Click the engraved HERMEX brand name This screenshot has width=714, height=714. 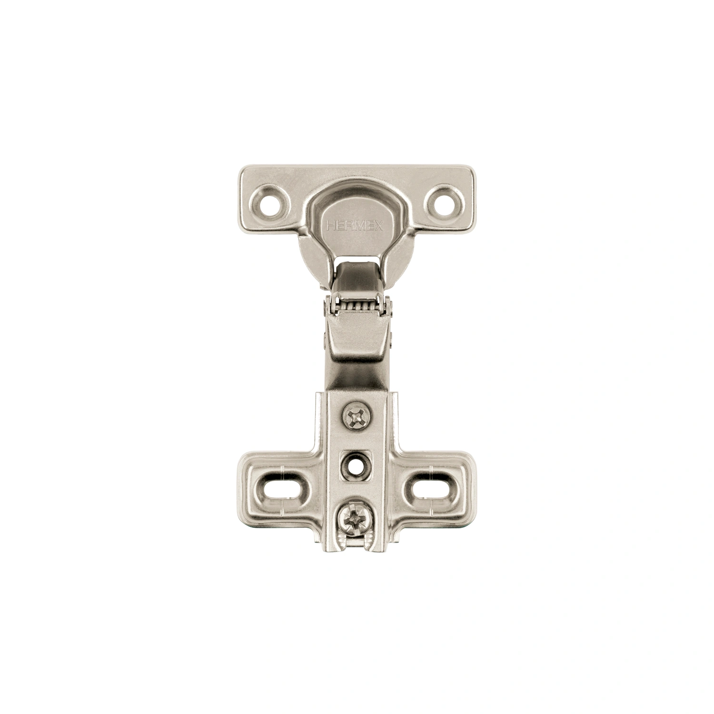355,227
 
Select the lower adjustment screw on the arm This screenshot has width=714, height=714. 353,517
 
